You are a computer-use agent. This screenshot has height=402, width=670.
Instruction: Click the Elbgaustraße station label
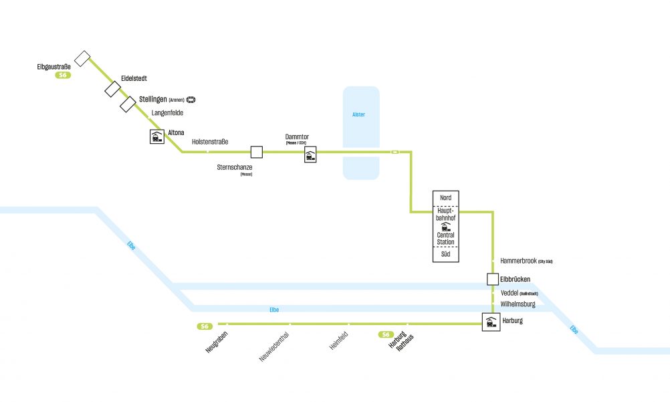[53, 66]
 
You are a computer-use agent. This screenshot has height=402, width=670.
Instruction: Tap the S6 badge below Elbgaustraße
[63, 76]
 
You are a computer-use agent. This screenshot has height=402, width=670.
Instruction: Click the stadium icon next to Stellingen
[191, 100]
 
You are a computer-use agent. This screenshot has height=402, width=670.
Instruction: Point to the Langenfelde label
[167, 113]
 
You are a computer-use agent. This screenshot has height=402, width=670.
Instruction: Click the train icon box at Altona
[157, 137]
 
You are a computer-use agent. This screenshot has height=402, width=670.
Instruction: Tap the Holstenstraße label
[210, 142]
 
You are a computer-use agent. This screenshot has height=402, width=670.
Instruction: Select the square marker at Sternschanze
[256, 153]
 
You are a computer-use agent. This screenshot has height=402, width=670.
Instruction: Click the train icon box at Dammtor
[310, 157]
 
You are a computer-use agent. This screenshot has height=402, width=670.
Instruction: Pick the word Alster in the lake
[359, 114]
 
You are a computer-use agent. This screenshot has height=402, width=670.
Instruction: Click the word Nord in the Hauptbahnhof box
[445, 198]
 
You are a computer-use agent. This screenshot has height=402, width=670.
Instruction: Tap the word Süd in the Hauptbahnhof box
[445, 255]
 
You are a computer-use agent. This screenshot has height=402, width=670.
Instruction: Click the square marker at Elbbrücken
[493, 279]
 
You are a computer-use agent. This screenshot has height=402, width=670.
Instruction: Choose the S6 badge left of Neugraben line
[205, 326]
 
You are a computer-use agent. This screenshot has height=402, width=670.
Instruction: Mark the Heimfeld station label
[339, 343]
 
